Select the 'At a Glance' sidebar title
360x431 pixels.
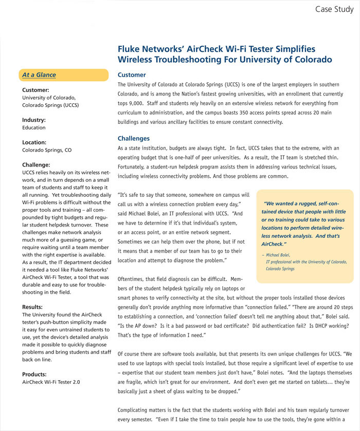(39, 75)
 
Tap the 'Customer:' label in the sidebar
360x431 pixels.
(35, 90)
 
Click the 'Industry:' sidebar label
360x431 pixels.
(34, 120)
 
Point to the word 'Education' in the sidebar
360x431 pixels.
(34, 128)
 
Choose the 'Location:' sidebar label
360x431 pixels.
(34, 142)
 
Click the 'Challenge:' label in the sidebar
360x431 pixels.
(36, 165)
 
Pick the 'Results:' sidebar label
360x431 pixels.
(32, 307)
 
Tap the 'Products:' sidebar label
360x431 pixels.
(34, 374)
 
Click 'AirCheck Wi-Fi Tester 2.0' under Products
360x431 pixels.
(51, 382)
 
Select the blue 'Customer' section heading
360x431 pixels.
(132, 74)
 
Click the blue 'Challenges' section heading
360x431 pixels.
(134, 138)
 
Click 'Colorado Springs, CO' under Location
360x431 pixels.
(47, 150)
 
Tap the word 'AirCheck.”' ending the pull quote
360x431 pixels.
(274, 243)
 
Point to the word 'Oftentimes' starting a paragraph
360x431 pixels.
(133, 279)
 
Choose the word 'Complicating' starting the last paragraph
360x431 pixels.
(135, 410)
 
